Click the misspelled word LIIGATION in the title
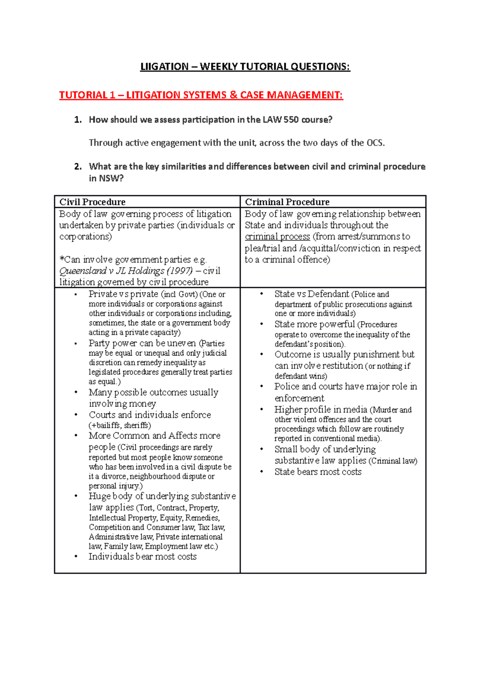tap(164, 67)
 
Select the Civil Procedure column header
tap(92, 202)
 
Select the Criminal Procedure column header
tap(287, 202)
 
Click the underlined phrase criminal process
tap(277, 237)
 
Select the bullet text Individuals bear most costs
tap(143, 557)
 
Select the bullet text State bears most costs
tap(318, 472)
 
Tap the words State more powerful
tap(314, 324)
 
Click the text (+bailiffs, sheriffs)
tap(120, 425)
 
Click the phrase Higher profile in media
tap(321, 410)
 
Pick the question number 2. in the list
tap(78, 167)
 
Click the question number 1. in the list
tap(78, 120)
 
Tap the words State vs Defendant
tap(312, 294)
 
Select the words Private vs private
tap(123, 294)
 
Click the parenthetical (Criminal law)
tap(393, 461)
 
